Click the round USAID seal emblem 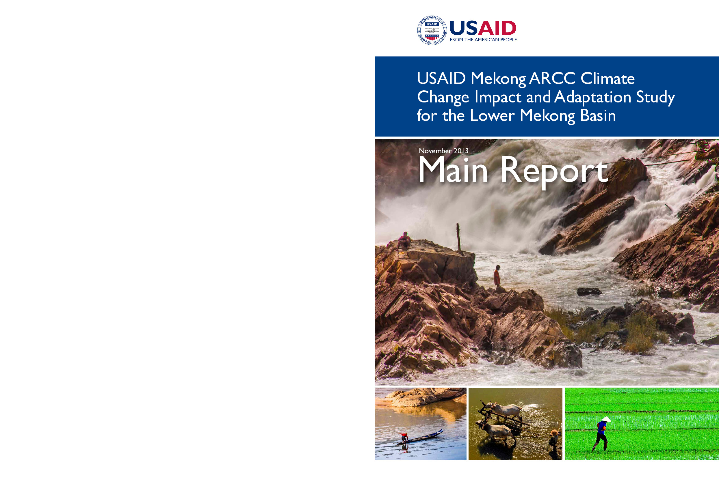pos(432,30)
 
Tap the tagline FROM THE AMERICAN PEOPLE pos(483,40)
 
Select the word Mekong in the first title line pos(498,79)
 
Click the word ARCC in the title pos(552,78)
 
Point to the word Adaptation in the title pos(592,97)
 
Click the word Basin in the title pos(598,115)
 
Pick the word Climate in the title pos(607,78)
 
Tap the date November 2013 pos(443,151)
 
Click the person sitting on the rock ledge pos(404,240)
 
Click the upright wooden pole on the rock pos(458,237)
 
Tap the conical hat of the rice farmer pos(606,419)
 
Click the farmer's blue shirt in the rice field pos(601,428)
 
